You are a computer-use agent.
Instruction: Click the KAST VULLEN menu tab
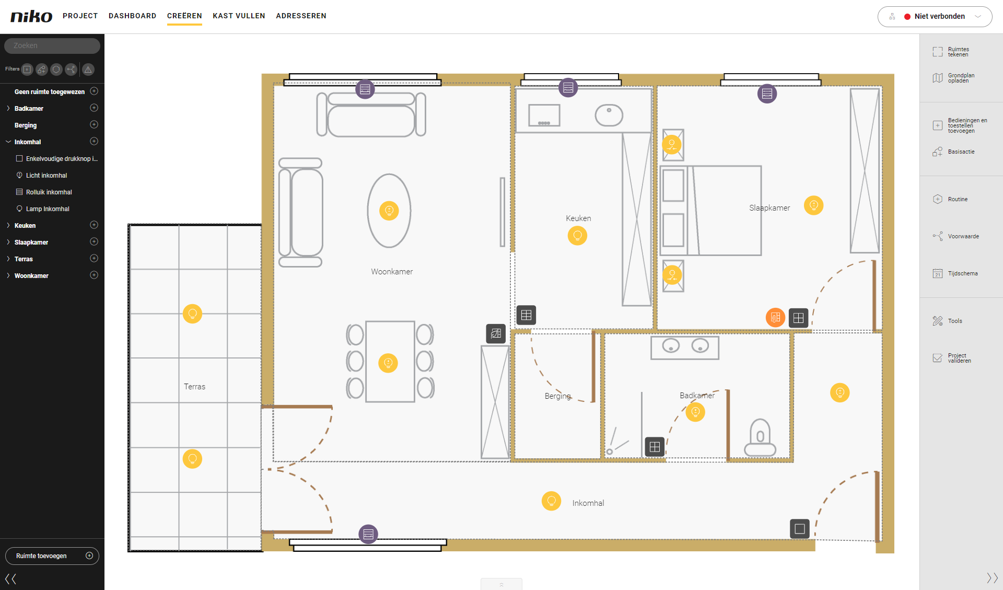[x=239, y=16]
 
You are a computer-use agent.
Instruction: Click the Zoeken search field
[x=52, y=45]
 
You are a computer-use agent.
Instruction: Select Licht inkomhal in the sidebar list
[x=46, y=176]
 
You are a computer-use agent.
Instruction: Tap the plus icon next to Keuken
[x=94, y=225]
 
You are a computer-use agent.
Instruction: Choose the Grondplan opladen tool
[x=953, y=78]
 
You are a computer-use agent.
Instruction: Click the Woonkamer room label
[x=392, y=272]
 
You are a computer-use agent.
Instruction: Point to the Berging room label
[x=557, y=396]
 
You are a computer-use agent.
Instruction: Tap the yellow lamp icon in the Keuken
[x=577, y=236]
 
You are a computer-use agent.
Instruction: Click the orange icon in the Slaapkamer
[x=775, y=317]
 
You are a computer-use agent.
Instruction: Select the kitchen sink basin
[x=609, y=115]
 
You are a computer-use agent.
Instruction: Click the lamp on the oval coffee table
[x=389, y=211]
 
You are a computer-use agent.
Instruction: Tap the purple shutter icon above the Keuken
[x=568, y=88]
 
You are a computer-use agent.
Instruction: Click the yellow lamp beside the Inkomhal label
[x=551, y=501]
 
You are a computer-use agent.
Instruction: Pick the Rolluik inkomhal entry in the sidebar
[x=49, y=192]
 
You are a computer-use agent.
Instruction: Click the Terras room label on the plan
[x=194, y=387]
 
